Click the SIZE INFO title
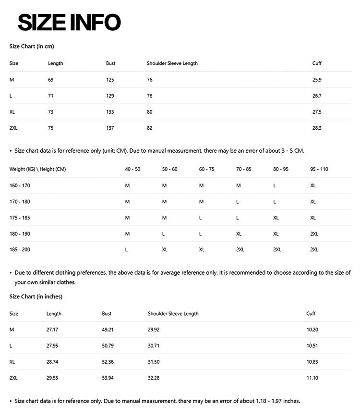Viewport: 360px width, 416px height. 69,22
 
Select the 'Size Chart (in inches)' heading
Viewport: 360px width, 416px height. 36,296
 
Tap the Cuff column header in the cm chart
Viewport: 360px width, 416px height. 317,63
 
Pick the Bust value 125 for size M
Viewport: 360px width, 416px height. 110,80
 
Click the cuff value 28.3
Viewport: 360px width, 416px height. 317,128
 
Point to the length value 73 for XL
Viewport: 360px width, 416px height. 51,112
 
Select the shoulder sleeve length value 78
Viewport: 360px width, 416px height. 150,96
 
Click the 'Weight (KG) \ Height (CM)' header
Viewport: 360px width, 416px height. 37,169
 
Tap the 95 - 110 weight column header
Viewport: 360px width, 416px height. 319,169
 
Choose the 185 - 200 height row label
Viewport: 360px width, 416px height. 20,250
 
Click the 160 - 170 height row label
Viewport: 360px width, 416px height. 20,185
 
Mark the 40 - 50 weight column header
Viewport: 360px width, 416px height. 132,169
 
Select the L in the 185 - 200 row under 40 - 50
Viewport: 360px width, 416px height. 126,250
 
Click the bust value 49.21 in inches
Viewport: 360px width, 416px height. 108,330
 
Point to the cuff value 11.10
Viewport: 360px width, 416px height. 312,378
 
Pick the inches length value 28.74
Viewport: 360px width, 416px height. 52,362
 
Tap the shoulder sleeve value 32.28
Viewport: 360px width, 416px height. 154,378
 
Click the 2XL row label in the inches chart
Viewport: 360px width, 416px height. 13,378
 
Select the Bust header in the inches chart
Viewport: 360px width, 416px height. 107,314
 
